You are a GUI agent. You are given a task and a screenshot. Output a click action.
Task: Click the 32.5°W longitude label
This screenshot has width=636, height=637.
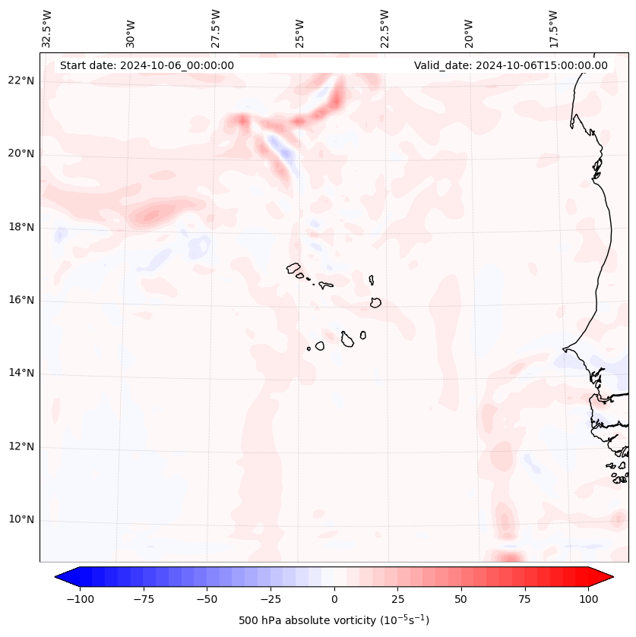coord(47,28)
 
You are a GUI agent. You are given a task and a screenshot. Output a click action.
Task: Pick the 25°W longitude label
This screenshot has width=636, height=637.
coord(300,29)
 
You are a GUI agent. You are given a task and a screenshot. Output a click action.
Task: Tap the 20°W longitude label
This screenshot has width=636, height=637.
coord(469,29)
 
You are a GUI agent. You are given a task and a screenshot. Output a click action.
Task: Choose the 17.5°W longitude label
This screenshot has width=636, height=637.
coord(553,28)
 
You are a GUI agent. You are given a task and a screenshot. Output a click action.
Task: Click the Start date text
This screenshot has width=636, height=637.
coord(147,65)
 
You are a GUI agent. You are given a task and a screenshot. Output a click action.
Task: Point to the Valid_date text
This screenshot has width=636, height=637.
coord(511,65)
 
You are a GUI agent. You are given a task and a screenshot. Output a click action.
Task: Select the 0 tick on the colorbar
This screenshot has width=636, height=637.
coord(334,599)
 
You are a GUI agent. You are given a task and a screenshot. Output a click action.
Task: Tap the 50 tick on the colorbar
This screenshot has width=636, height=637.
coord(461,599)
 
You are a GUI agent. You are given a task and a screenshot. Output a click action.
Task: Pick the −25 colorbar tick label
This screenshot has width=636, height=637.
coord(271,599)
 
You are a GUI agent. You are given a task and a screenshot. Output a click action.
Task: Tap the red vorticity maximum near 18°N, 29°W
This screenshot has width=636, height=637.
coord(151,215)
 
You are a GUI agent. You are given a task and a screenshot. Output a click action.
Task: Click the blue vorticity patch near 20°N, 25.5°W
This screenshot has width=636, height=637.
coord(285,154)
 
